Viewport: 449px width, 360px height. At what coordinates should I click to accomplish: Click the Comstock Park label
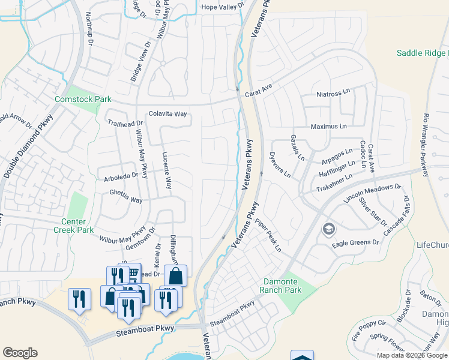pos(83,98)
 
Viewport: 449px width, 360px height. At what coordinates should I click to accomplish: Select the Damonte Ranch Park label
pos(280,286)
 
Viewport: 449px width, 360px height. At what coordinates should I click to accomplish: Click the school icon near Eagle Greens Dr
pos(328,229)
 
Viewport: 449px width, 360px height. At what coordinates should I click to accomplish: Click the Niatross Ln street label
pos(333,94)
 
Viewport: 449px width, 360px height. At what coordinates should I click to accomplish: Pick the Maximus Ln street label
pos(329,127)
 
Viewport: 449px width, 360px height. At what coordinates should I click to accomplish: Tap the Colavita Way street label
pos(168,113)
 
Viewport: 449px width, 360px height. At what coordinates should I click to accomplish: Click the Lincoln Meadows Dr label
pos(372,193)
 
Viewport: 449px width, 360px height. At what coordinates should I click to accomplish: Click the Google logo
pos(20,353)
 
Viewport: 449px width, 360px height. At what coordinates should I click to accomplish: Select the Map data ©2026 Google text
pos(411,355)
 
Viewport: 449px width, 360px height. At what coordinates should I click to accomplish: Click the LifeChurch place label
pos(432,245)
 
